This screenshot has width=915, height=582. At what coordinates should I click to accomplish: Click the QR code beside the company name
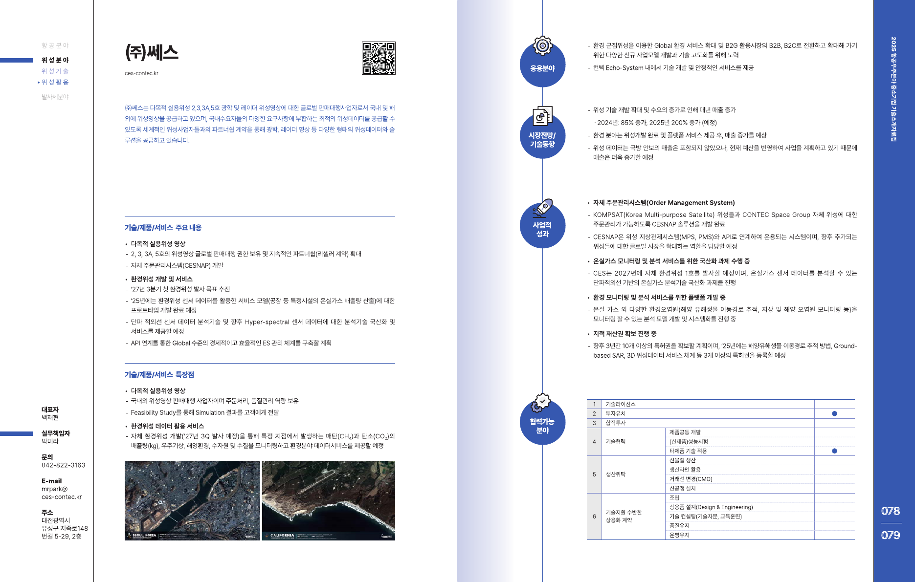[x=379, y=58]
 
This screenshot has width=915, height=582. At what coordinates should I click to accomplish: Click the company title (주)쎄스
[x=152, y=52]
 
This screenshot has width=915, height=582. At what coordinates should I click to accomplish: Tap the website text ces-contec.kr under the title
[x=141, y=73]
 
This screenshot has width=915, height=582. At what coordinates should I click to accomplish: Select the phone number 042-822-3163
[x=63, y=465]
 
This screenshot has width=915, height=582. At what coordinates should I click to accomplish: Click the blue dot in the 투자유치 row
[x=834, y=413]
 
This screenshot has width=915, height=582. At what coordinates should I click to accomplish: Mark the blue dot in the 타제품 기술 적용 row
[x=834, y=451]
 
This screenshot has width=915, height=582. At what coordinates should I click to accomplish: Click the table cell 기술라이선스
[x=621, y=404]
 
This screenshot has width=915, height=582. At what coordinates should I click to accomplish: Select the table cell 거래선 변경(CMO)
[x=691, y=479]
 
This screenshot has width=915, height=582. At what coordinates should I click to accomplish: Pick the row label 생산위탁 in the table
[x=616, y=474]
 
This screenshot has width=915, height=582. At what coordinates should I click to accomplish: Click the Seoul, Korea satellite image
[x=192, y=500]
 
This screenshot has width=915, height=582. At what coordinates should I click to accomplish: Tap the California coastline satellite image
[x=328, y=500]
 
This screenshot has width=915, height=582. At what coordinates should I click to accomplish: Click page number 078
[x=890, y=511]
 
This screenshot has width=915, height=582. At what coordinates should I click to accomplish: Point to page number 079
[x=890, y=535]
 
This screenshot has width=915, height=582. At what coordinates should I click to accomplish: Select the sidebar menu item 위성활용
[x=55, y=82]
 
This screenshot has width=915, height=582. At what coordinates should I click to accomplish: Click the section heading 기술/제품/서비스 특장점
[x=159, y=375]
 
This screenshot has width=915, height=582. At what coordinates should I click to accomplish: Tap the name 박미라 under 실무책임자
[x=50, y=441]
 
